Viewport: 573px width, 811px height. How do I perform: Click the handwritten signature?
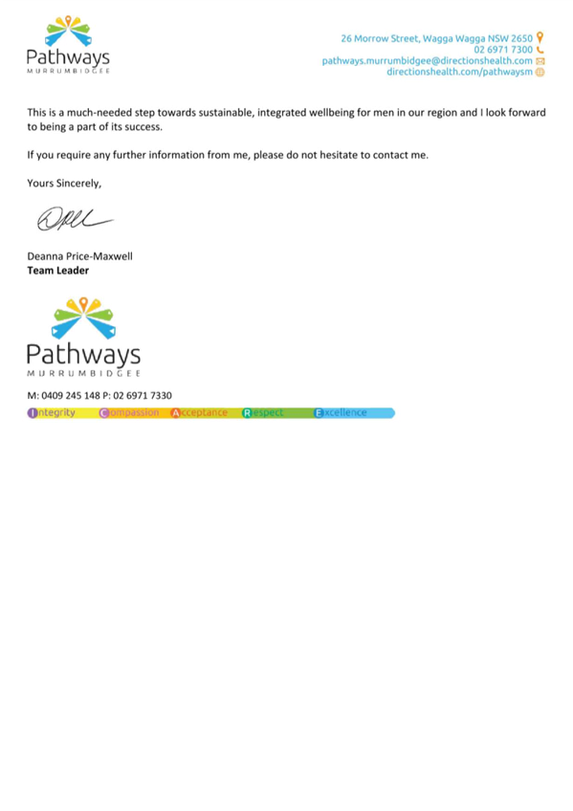[x=75, y=219]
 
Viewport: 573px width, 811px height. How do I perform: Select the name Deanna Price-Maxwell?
[x=79, y=256]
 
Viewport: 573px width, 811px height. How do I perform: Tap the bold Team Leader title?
[x=58, y=271]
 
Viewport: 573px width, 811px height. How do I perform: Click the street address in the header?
[x=436, y=38]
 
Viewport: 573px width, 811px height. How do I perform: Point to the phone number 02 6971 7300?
[x=503, y=50]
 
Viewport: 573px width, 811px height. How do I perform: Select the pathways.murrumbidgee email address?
[x=428, y=61]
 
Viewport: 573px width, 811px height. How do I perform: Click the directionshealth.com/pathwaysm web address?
[x=460, y=72]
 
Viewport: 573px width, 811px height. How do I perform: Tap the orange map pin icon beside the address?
[x=540, y=37]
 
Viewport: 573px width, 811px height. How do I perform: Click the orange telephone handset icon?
[x=540, y=50]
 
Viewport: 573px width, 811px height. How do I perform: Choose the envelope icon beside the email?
[x=540, y=61]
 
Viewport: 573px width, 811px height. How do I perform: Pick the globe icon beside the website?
[x=540, y=73]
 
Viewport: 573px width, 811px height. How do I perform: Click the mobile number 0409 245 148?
[x=71, y=396]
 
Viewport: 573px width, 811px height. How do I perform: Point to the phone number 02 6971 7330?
[x=143, y=396]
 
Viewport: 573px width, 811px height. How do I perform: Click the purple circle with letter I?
[x=33, y=413]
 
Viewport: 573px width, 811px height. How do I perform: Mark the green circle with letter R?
[x=247, y=413]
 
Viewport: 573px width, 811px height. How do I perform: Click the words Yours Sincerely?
[x=64, y=183]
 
